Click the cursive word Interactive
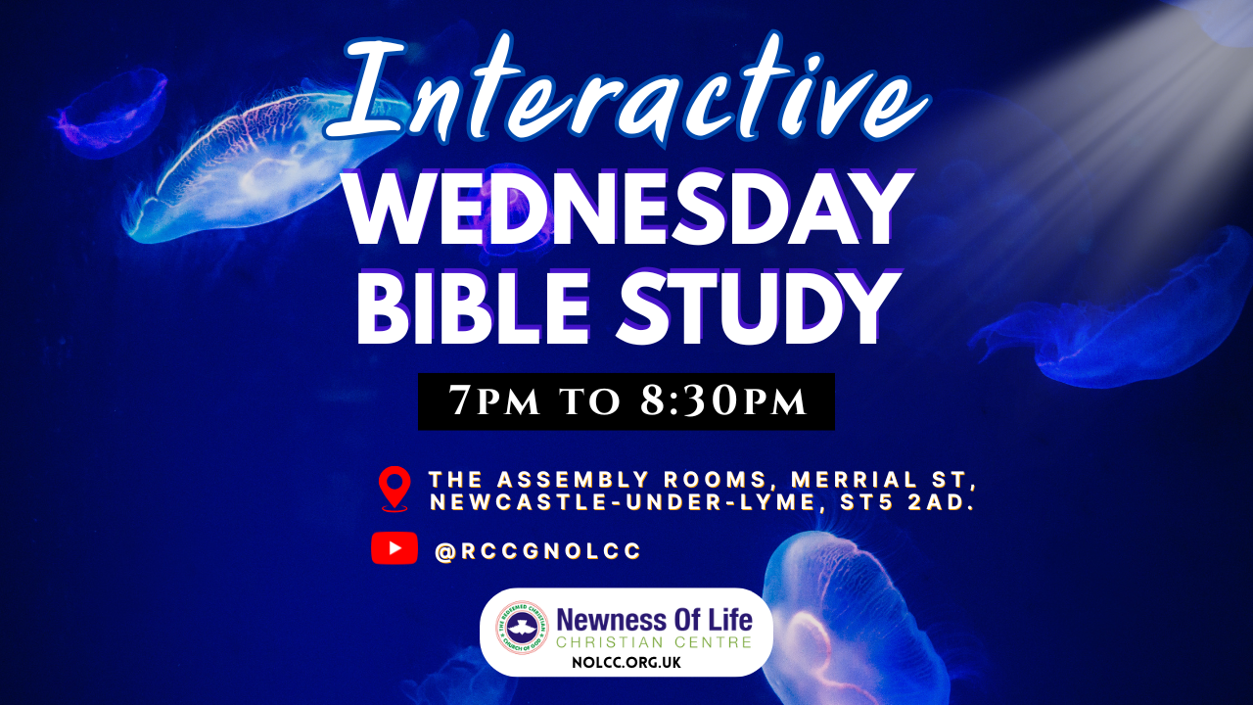(x=626, y=89)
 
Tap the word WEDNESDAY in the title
(x=627, y=209)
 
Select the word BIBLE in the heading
(x=473, y=307)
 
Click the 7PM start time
(x=494, y=400)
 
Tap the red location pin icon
(x=394, y=489)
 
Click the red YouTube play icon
(x=394, y=547)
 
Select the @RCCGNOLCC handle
(x=537, y=551)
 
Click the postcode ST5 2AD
(x=907, y=502)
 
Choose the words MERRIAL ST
(x=883, y=480)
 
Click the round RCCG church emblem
(x=522, y=628)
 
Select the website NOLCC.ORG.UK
(x=626, y=663)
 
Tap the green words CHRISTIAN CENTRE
(x=654, y=641)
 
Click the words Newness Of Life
(x=655, y=620)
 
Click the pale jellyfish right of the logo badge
(x=856, y=616)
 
